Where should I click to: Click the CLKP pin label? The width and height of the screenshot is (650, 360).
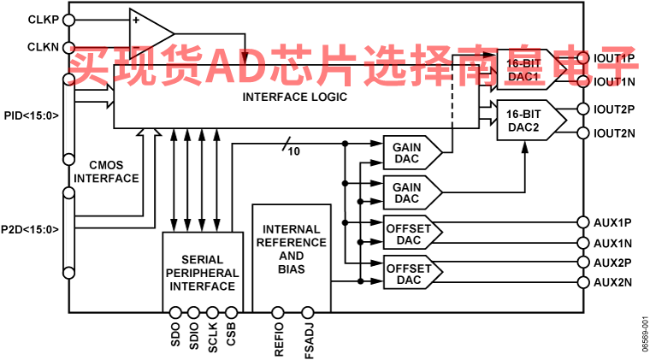43,20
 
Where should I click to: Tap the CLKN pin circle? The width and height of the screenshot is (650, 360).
68,47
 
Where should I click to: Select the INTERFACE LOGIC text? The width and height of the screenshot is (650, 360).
294,97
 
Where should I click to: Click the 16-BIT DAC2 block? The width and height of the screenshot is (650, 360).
531,120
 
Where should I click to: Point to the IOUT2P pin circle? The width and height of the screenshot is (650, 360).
582,109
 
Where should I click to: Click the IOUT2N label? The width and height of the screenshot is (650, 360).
614,133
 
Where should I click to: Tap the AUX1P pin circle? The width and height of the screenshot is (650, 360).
582,222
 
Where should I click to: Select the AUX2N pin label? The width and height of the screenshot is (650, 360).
612,282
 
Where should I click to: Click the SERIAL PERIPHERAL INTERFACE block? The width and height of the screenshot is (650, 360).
203,272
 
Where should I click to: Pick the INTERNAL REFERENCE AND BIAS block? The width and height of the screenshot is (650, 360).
292,258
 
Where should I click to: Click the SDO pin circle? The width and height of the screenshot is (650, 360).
175,312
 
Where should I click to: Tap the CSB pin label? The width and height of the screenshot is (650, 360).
231,334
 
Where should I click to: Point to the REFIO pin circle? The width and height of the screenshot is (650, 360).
277,312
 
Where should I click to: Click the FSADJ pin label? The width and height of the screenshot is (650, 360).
309,340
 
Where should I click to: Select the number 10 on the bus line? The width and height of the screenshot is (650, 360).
293,151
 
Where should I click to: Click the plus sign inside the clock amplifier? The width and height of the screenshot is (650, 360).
135,20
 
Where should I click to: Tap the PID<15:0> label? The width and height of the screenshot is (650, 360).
32,115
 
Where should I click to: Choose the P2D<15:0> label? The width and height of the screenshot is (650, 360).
30,229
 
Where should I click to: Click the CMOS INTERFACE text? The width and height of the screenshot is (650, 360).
106,172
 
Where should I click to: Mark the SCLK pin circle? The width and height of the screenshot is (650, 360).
212,312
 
